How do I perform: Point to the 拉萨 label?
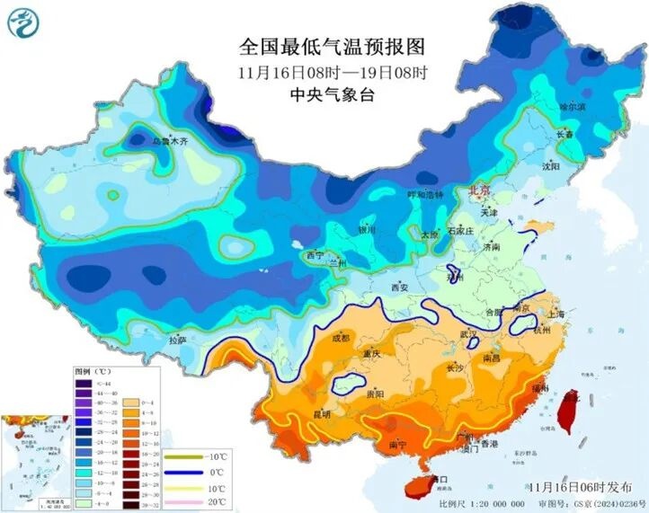(177, 341)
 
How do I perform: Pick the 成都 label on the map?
(340, 339)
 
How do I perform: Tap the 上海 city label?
(554, 314)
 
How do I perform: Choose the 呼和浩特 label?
(426, 194)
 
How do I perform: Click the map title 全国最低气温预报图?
(332, 45)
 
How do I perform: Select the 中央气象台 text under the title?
(333, 93)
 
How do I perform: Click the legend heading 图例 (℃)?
(92, 370)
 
